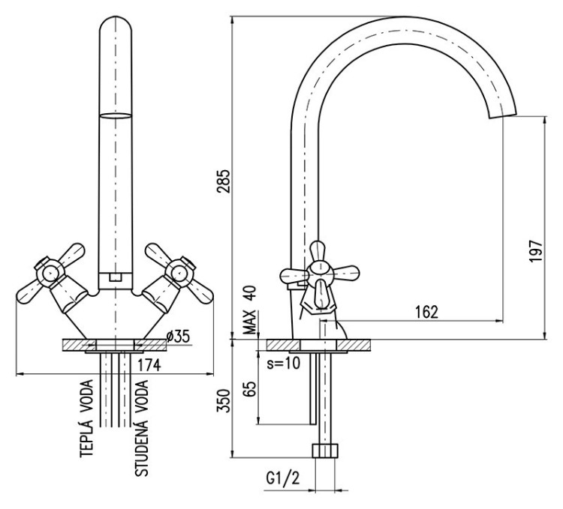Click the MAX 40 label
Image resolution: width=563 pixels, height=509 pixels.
tap(249, 309)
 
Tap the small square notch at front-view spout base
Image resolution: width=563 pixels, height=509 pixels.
tap(114, 277)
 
